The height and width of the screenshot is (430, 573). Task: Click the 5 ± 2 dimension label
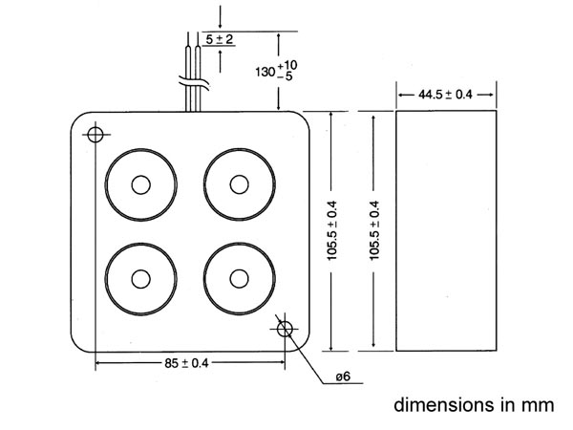pos(220,39)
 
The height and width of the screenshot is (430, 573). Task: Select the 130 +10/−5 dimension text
pos(276,71)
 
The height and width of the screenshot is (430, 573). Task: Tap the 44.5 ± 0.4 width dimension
pos(445,95)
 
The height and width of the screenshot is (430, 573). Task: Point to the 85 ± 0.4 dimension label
pos(186,363)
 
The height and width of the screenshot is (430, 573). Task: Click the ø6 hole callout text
pos(343,376)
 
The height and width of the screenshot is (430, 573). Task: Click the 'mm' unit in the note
pos(538,407)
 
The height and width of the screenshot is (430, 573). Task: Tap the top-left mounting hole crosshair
pos(95,135)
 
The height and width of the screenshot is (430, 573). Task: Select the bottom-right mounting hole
pos(285,329)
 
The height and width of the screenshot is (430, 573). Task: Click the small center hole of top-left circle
pos(140,184)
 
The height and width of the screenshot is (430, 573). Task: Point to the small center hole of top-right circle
pos(240,184)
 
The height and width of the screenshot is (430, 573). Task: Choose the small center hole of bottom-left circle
pos(140,279)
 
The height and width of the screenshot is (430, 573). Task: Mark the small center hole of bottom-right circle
pos(240,279)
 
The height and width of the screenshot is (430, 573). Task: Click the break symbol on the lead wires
pos(194,83)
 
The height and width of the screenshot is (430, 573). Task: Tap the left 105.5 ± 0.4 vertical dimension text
pos(331,230)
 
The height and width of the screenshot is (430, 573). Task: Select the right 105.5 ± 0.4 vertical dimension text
pos(374,230)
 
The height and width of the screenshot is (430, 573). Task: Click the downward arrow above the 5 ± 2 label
pos(220,17)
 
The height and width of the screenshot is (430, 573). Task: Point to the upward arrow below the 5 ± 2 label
pos(220,61)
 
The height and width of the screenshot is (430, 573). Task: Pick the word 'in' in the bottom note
pos(508,405)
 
